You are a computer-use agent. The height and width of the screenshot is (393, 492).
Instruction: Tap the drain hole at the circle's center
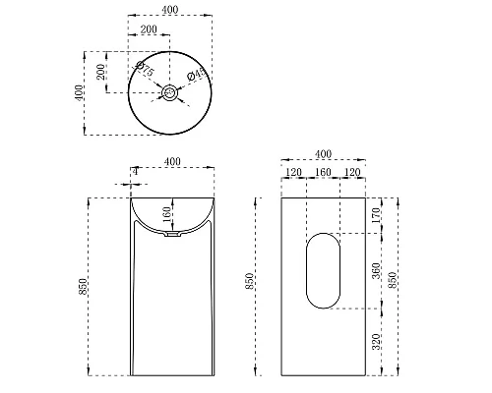(x=170, y=93)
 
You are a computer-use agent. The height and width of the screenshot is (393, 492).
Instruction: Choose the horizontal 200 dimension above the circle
(x=150, y=31)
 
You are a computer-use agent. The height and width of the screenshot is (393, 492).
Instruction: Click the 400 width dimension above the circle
(x=170, y=10)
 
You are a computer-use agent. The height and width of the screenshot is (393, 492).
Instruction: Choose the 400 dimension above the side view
(x=322, y=153)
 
